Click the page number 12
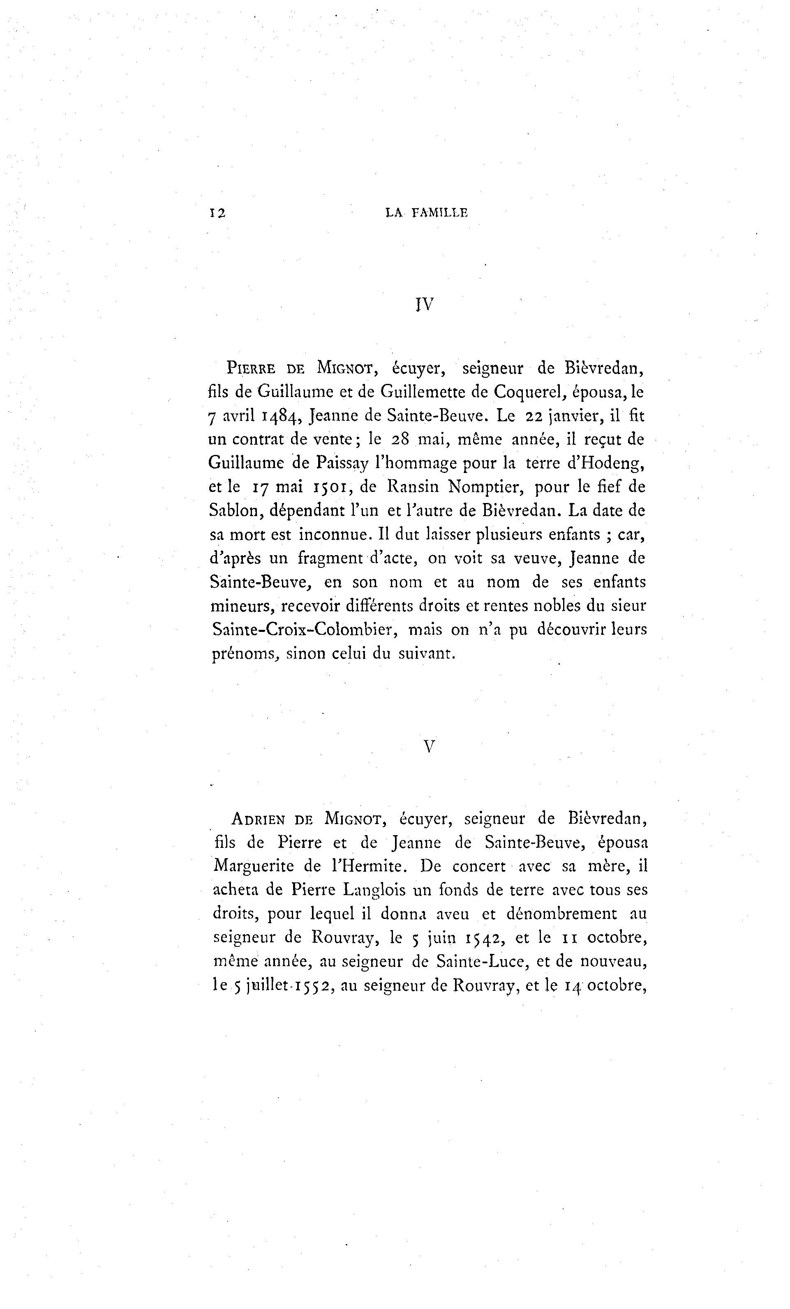pyautogui.click(x=217, y=213)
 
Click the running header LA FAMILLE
pyautogui.click(x=426, y=213)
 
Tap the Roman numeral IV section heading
pyautogui.click(x=424, y=304)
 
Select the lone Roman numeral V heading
pyautogui.click(x=430, y=747)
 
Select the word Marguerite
pyautogui.click(x=254, y=866)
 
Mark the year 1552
pyautogui.click(x=310, y=986)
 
